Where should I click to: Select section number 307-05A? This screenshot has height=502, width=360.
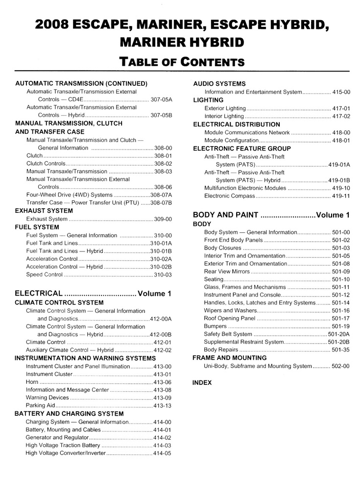pyautogui.click(x=162, y=100)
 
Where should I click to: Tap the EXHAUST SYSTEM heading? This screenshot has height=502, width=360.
pyautogui.click(x=44, y=211)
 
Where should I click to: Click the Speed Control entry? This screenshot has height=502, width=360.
pyautogui.click(x=45, y=275)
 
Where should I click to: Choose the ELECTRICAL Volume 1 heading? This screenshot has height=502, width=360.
pyautogui.click(x=93, y=294)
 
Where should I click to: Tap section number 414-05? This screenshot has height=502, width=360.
pyautogui.click(x=162, y=453)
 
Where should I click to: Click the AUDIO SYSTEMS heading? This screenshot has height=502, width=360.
pyautogui.click(x=219, y=84)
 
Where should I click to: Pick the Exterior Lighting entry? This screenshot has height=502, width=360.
pyautogui.click(x=225, y=108)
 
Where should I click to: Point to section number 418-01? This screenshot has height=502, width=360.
pyautogui.click(x=341, y=141)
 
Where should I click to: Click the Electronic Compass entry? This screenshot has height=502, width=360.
pyautogui.click(x=229, y=196)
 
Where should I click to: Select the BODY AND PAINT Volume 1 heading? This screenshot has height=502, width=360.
pyautogui.click(x=271, y=215)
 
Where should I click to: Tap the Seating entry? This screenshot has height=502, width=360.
pyautogui.click(x=215, y=279)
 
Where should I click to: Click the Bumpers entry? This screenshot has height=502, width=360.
pyautogui.click(x=216, y=326)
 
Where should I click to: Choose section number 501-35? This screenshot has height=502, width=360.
pyautogui.click(x=341, y=350)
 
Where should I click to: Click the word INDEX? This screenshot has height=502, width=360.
pyautogui.click(x=202, y=383)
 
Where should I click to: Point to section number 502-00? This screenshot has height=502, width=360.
pyautogui.click(x=341, y=366)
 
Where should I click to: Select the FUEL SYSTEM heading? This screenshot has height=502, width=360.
pyautogui.click(x=37, y=227)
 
